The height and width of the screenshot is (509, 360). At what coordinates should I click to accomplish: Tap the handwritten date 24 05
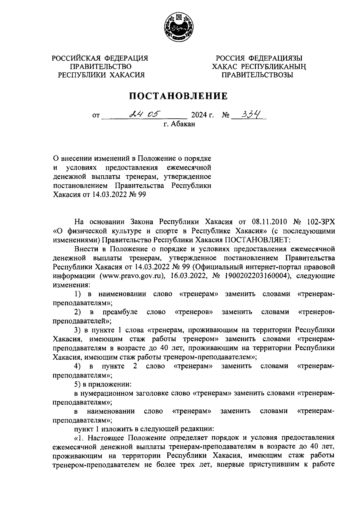[144, 114]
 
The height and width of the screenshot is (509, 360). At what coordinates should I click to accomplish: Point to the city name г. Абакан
[179, 124]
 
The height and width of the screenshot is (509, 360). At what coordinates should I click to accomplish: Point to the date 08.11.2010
[268, 222]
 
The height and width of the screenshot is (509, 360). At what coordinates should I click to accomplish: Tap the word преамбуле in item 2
[120, 312]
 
